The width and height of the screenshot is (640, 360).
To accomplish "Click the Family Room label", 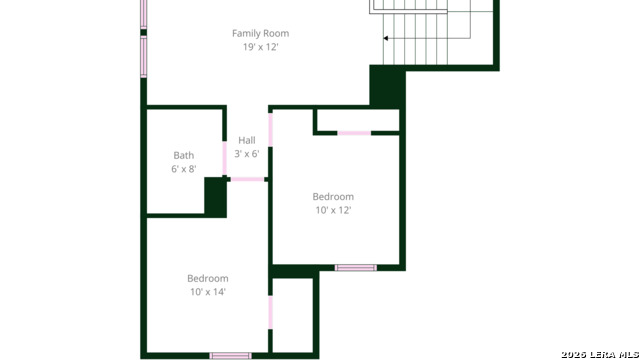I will point(260,33).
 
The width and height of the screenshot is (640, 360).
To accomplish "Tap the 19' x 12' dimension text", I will point(260,47).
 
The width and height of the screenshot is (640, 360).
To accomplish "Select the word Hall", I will point(246,140).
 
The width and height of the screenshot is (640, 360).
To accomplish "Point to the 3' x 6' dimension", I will point(246,154).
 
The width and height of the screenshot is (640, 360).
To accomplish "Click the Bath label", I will point(184,155).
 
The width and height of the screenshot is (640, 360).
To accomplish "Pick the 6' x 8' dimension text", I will point(184,169).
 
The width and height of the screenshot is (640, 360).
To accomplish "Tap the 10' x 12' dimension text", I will point(333,210).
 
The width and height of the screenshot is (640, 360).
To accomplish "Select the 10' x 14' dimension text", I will point(208,292).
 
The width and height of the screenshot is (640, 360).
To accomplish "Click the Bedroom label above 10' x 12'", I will point(333,196).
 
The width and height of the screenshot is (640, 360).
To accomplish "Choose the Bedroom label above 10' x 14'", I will point(208,278).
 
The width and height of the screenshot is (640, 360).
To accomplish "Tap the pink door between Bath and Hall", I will point(224,158).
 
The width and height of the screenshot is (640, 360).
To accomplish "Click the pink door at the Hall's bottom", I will point(247,179).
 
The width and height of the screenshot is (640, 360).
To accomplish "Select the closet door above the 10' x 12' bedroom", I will point(354,132).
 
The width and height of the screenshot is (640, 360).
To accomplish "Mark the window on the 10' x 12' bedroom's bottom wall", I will point(355,267).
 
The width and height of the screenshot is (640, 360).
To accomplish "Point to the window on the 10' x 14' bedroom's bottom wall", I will point(230,355).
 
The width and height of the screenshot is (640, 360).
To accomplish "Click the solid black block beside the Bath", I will point(215,196).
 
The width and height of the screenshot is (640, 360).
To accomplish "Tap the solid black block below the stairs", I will point(386,86).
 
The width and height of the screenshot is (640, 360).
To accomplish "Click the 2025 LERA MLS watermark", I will point(598,354).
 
